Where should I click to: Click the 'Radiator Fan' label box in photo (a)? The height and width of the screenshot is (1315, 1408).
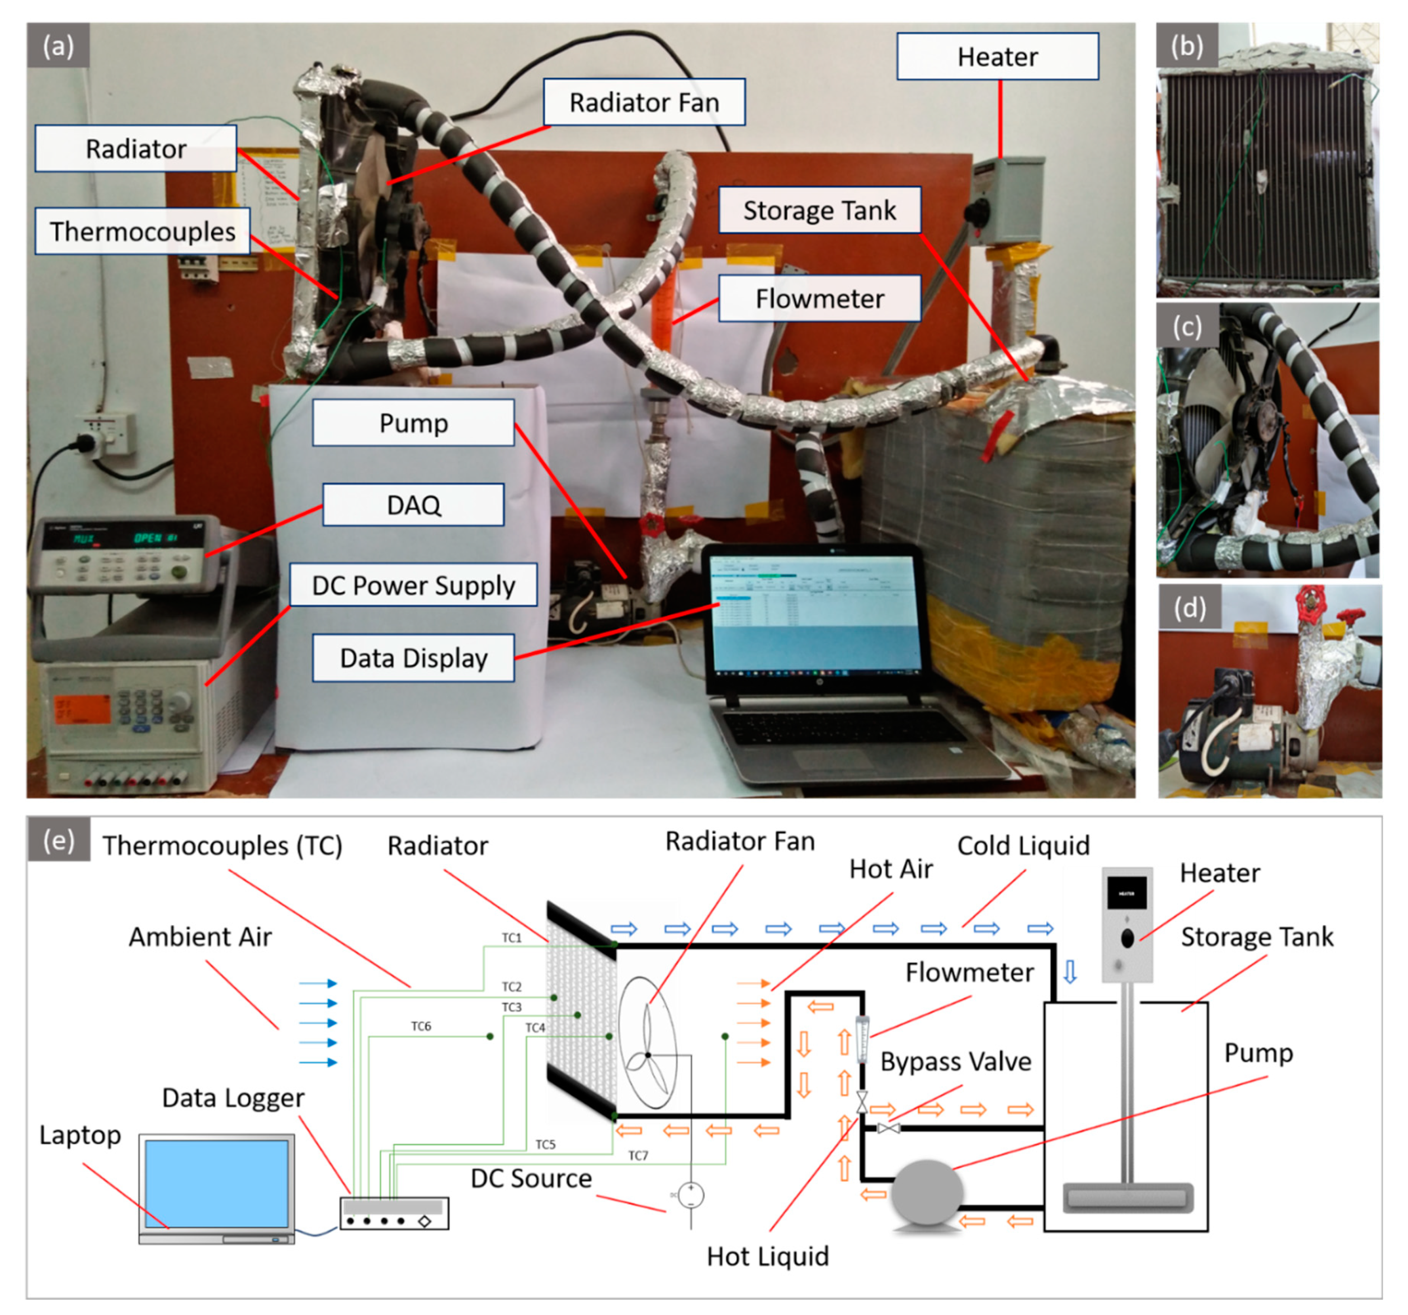click(644, 102)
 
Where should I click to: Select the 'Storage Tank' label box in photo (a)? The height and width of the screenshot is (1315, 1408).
click(820, 210)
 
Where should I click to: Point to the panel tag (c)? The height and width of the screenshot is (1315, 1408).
click(1187, 326)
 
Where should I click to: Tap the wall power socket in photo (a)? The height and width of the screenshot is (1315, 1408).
click(106, 434)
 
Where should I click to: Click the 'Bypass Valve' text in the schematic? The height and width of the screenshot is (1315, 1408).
click(955, 1062)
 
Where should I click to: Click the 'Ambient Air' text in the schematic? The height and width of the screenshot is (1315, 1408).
click(200, 937)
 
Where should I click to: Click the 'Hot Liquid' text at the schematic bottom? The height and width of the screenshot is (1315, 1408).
click(768, 1256)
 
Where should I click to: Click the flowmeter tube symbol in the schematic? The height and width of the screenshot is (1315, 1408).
click(862, 1040)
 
